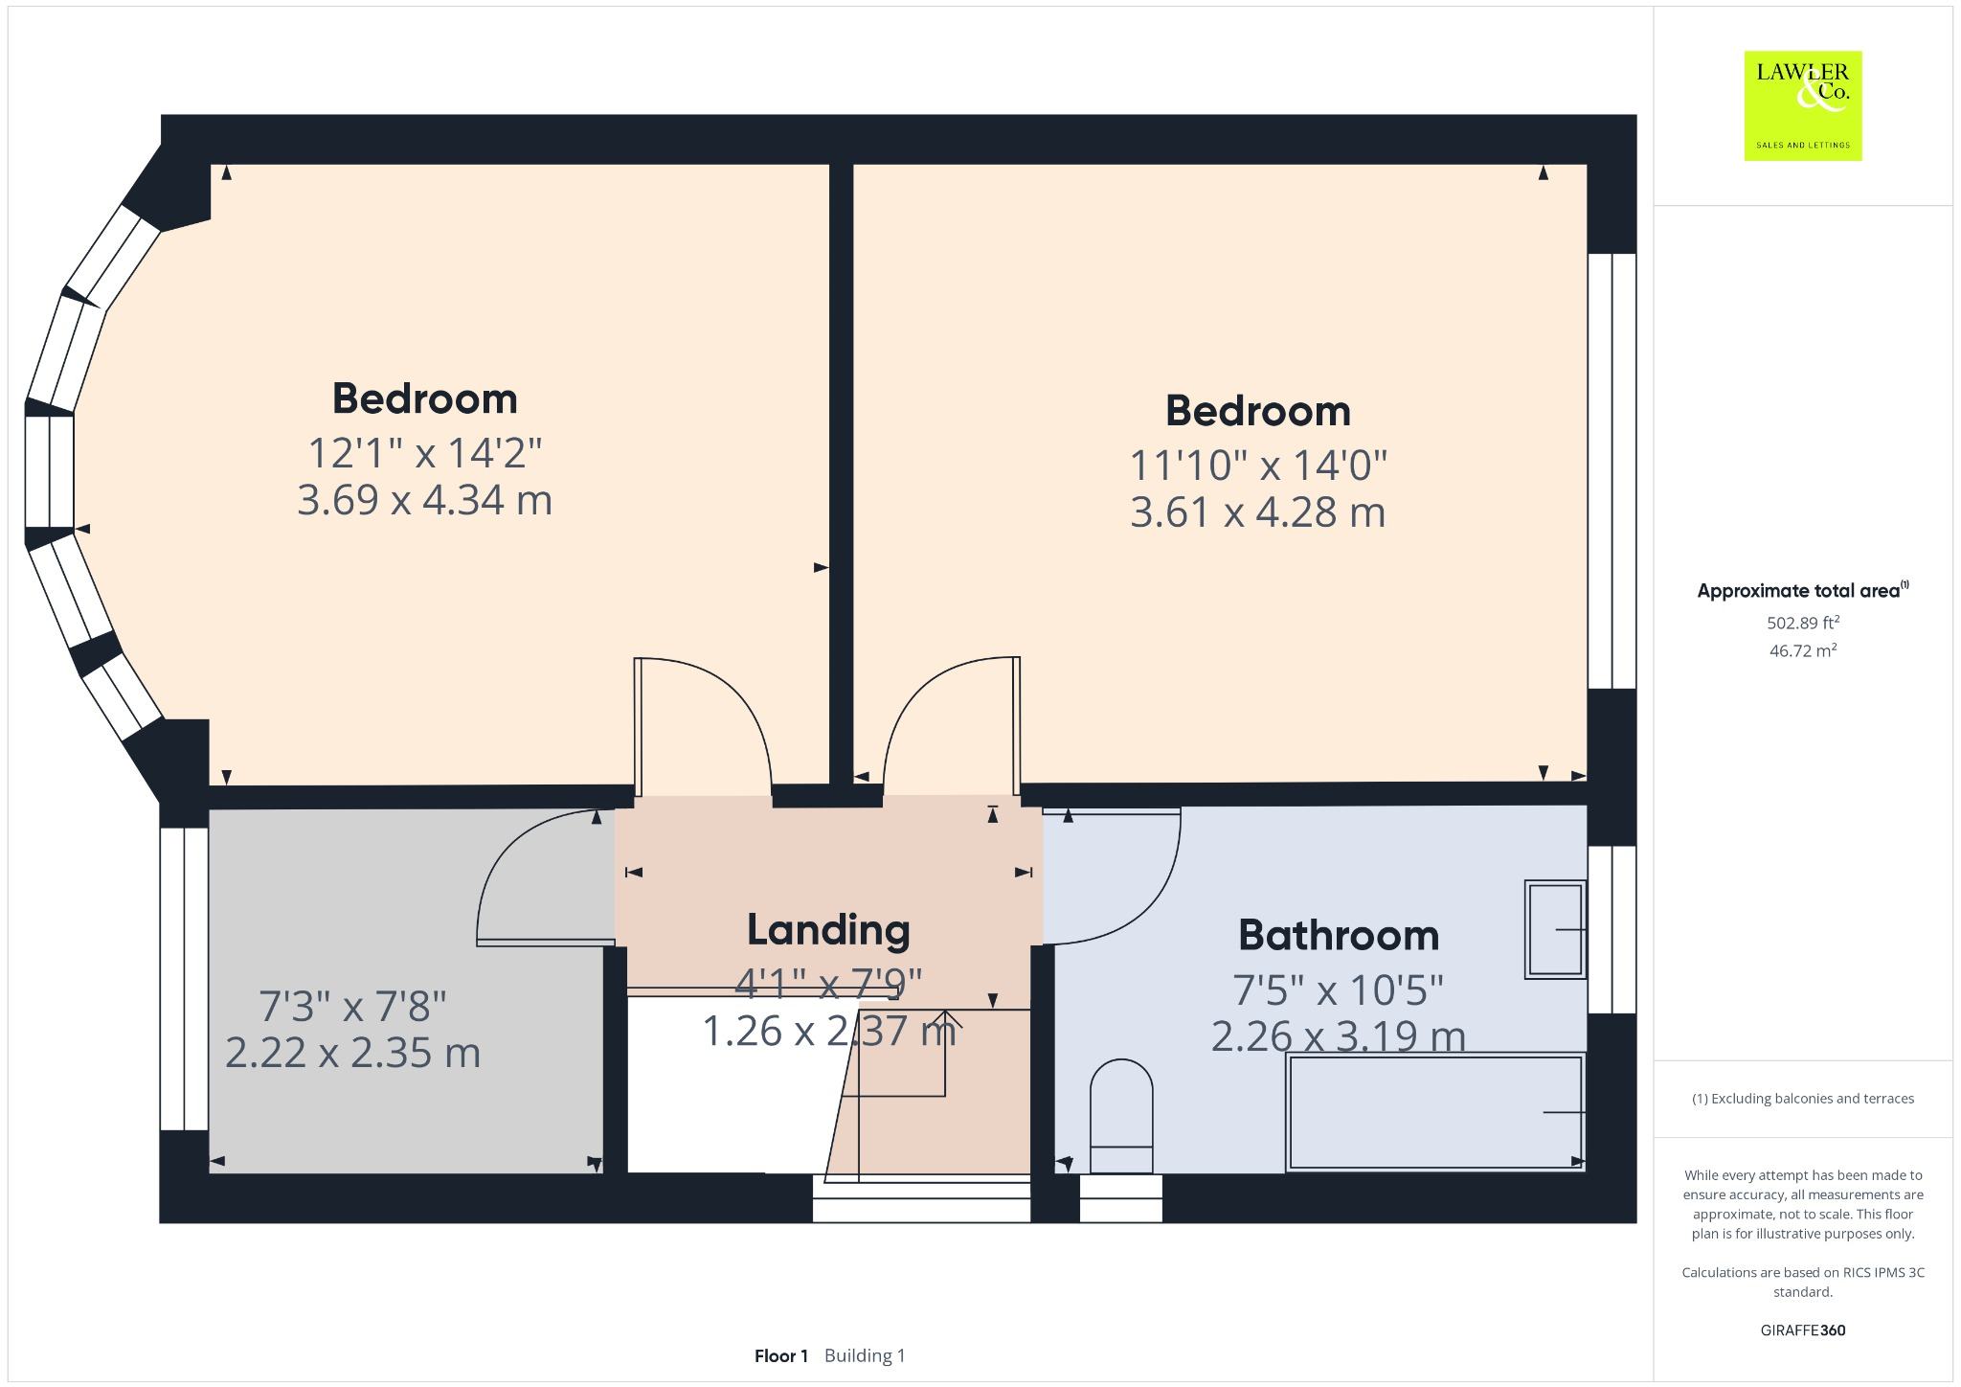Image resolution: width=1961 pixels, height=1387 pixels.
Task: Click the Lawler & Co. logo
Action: pos(1802,105)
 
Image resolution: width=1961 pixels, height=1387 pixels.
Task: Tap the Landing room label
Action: pos(828,930)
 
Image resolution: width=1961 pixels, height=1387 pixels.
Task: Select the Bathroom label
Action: pos(1339,936)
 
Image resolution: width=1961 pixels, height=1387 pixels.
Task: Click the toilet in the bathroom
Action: pos(1121,1115)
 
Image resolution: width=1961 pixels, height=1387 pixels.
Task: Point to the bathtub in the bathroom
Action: pos(1435,1112)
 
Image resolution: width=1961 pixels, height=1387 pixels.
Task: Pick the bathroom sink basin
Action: pos(1555,929)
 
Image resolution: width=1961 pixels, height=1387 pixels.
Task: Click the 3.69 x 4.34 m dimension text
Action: pos(424,500)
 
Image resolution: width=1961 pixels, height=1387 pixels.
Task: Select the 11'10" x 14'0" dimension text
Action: pos(1257,466)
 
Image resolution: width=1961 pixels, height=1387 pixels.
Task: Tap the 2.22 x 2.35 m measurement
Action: pos(352,1053)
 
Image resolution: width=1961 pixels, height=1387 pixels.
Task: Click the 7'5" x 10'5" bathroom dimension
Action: pos(1338,989)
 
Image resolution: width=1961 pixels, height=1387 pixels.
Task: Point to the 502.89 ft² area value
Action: pos(1802,623)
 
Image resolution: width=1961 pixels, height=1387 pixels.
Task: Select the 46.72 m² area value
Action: pos(1802,651)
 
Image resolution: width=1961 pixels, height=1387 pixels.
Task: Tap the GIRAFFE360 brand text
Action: pos(1802,1330)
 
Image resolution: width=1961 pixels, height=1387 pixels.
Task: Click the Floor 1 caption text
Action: pos(780,1355)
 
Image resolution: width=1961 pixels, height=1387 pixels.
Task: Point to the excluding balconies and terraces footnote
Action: pos(1802,1099)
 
